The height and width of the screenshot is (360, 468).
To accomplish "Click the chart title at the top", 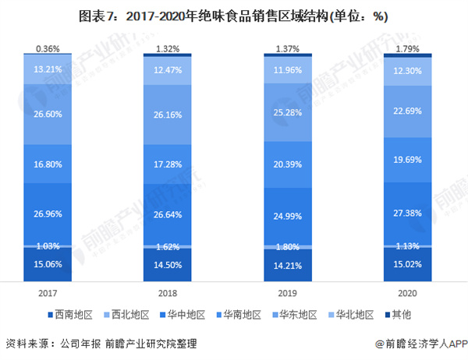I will tap(234, 15).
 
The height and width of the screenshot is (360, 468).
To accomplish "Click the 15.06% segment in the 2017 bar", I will tap(48, 263).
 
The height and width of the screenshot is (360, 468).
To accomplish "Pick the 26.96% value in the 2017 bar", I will tap(48, 213).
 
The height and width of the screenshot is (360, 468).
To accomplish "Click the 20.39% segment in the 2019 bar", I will tap(288, 164).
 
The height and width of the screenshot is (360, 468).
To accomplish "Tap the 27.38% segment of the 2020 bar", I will tap(407, 212).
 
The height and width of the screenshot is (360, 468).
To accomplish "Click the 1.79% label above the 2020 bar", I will tap(407, 48).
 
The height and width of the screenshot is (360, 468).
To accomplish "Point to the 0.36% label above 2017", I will tap(48, 48).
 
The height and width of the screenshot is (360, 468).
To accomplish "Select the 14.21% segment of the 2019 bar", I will tap(288, 264).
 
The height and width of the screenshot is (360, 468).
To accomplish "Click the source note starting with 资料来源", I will tap(101, 344).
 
